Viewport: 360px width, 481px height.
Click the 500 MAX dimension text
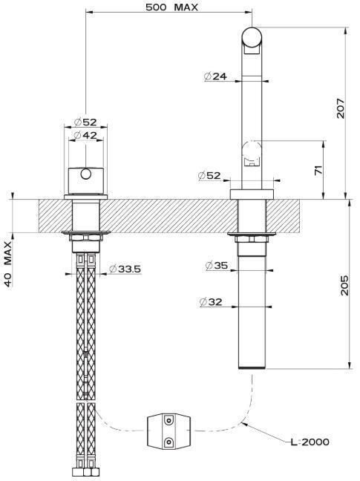pyautogui.click(x=171, y=7)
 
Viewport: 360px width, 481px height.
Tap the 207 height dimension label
pyautogui.click(x=341, y=108)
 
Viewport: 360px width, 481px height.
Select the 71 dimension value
pyautogui.click(x=318, y=170)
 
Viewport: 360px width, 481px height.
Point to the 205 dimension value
pyautogui.click(x=344, y=285)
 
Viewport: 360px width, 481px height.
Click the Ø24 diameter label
pyautogui.click(x=216, y=76)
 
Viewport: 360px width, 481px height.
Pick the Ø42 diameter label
pyautogui.click(x=85, y=135)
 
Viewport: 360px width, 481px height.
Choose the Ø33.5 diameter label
pyautogui.click(x=125, y=269)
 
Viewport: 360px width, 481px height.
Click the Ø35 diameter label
pyautogui.click(x=217, y=265)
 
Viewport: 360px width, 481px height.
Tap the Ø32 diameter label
pyautogui.click(x=211, y=302)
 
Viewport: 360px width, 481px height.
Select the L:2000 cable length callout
pyautogui.click(x=310, y=442)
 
